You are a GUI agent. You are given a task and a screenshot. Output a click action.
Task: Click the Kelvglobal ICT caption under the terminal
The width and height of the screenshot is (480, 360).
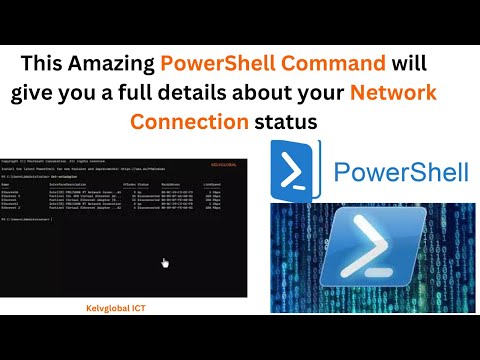(x=122, y=309)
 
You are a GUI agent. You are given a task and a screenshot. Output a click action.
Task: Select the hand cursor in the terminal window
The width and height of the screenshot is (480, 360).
(x=164, y=262)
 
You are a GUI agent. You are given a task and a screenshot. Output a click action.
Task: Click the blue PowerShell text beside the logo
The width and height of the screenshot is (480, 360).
(x=400, y=172)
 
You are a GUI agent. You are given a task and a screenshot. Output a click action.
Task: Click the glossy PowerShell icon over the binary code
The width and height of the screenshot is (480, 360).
(x=372, y=254)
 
